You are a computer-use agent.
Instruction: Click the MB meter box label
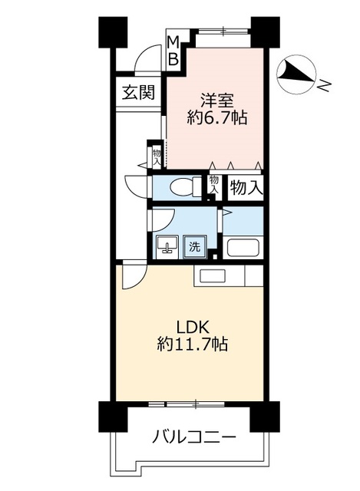[173, 50]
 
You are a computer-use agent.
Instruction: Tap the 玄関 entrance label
[138, 92]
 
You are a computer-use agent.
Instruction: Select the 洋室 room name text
[217, 101]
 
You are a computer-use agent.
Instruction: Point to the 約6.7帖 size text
[217, 118]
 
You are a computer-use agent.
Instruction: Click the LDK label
[193, 328]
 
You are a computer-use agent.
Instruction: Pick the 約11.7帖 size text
[193, 344]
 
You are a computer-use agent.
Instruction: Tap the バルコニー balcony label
[193, 437]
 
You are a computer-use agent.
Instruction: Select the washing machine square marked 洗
[195, 247]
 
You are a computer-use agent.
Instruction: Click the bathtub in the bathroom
[245, 247]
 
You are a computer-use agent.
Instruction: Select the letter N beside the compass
[325, 85]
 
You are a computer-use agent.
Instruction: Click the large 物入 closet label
[246, 187]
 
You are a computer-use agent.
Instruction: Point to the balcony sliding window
[187, 404]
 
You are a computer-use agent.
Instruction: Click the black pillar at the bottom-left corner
[113, 417]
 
